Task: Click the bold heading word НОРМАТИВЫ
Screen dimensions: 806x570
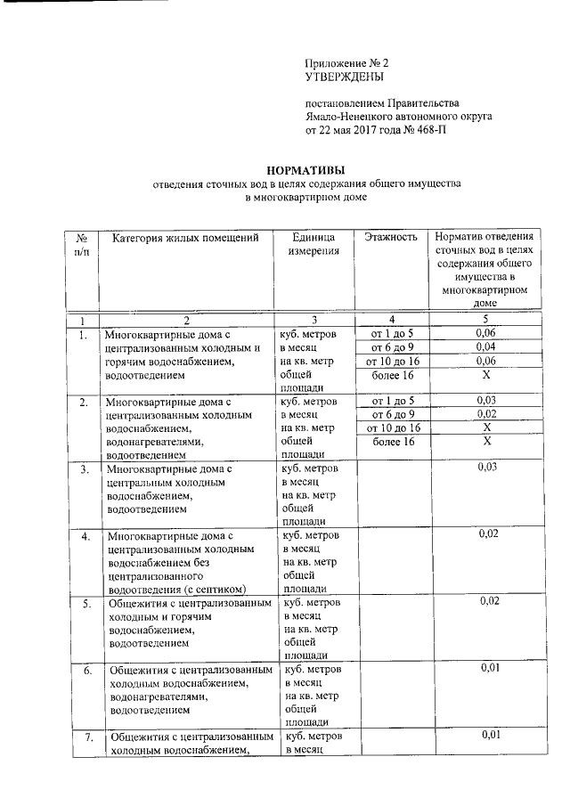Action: pos(306,171)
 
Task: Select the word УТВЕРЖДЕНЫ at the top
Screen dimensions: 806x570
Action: pos(343,78)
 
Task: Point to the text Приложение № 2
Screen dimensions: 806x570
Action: pos(347,64)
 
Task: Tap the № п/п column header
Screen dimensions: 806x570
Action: pos(82,245)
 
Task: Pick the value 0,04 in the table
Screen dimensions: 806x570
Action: pos(484,347)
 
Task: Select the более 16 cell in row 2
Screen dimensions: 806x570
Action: pos(392,441)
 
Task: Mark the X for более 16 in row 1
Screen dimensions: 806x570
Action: pos(484,375)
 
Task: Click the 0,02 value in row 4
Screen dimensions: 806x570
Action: pos(487,534)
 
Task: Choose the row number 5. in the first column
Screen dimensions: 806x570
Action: pos(86,603)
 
